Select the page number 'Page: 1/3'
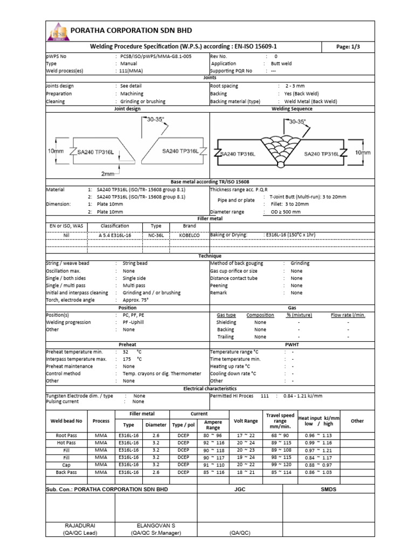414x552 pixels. (348, 47)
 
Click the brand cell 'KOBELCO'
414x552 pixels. (189, 235)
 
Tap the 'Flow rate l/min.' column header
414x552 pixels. (348, 315)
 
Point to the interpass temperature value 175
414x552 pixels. (127, 359)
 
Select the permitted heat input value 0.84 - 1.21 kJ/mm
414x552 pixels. (302, 396)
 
